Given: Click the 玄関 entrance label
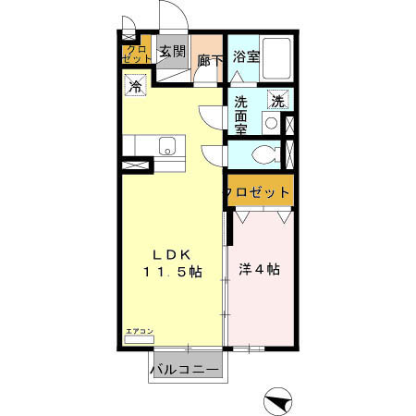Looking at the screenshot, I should [x=171, y=52].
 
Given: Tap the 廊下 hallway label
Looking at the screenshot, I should [x=210, y=60].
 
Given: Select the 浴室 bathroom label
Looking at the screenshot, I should [x=245, y=55].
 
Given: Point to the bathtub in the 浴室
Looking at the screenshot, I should [x=276, y=55].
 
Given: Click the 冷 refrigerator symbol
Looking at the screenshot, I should [x=135, y=88].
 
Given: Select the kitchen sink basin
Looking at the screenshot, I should [x=168, y=146].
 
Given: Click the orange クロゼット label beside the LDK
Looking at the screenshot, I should [x=257, y=192].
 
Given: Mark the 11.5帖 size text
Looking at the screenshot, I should [x=170, y=272].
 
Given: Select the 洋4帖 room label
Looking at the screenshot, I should [x=260, y=271].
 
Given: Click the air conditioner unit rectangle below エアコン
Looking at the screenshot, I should [x=139, y=339].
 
